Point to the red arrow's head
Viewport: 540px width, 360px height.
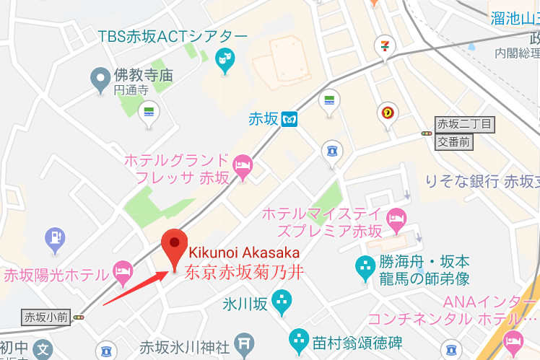pyautogui.click(x=167, y=274)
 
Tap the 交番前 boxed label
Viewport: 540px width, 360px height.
pyautogui.click(x=453, y=142)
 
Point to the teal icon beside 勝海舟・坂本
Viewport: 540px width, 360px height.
pyautogui.click(x=365, y=268)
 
